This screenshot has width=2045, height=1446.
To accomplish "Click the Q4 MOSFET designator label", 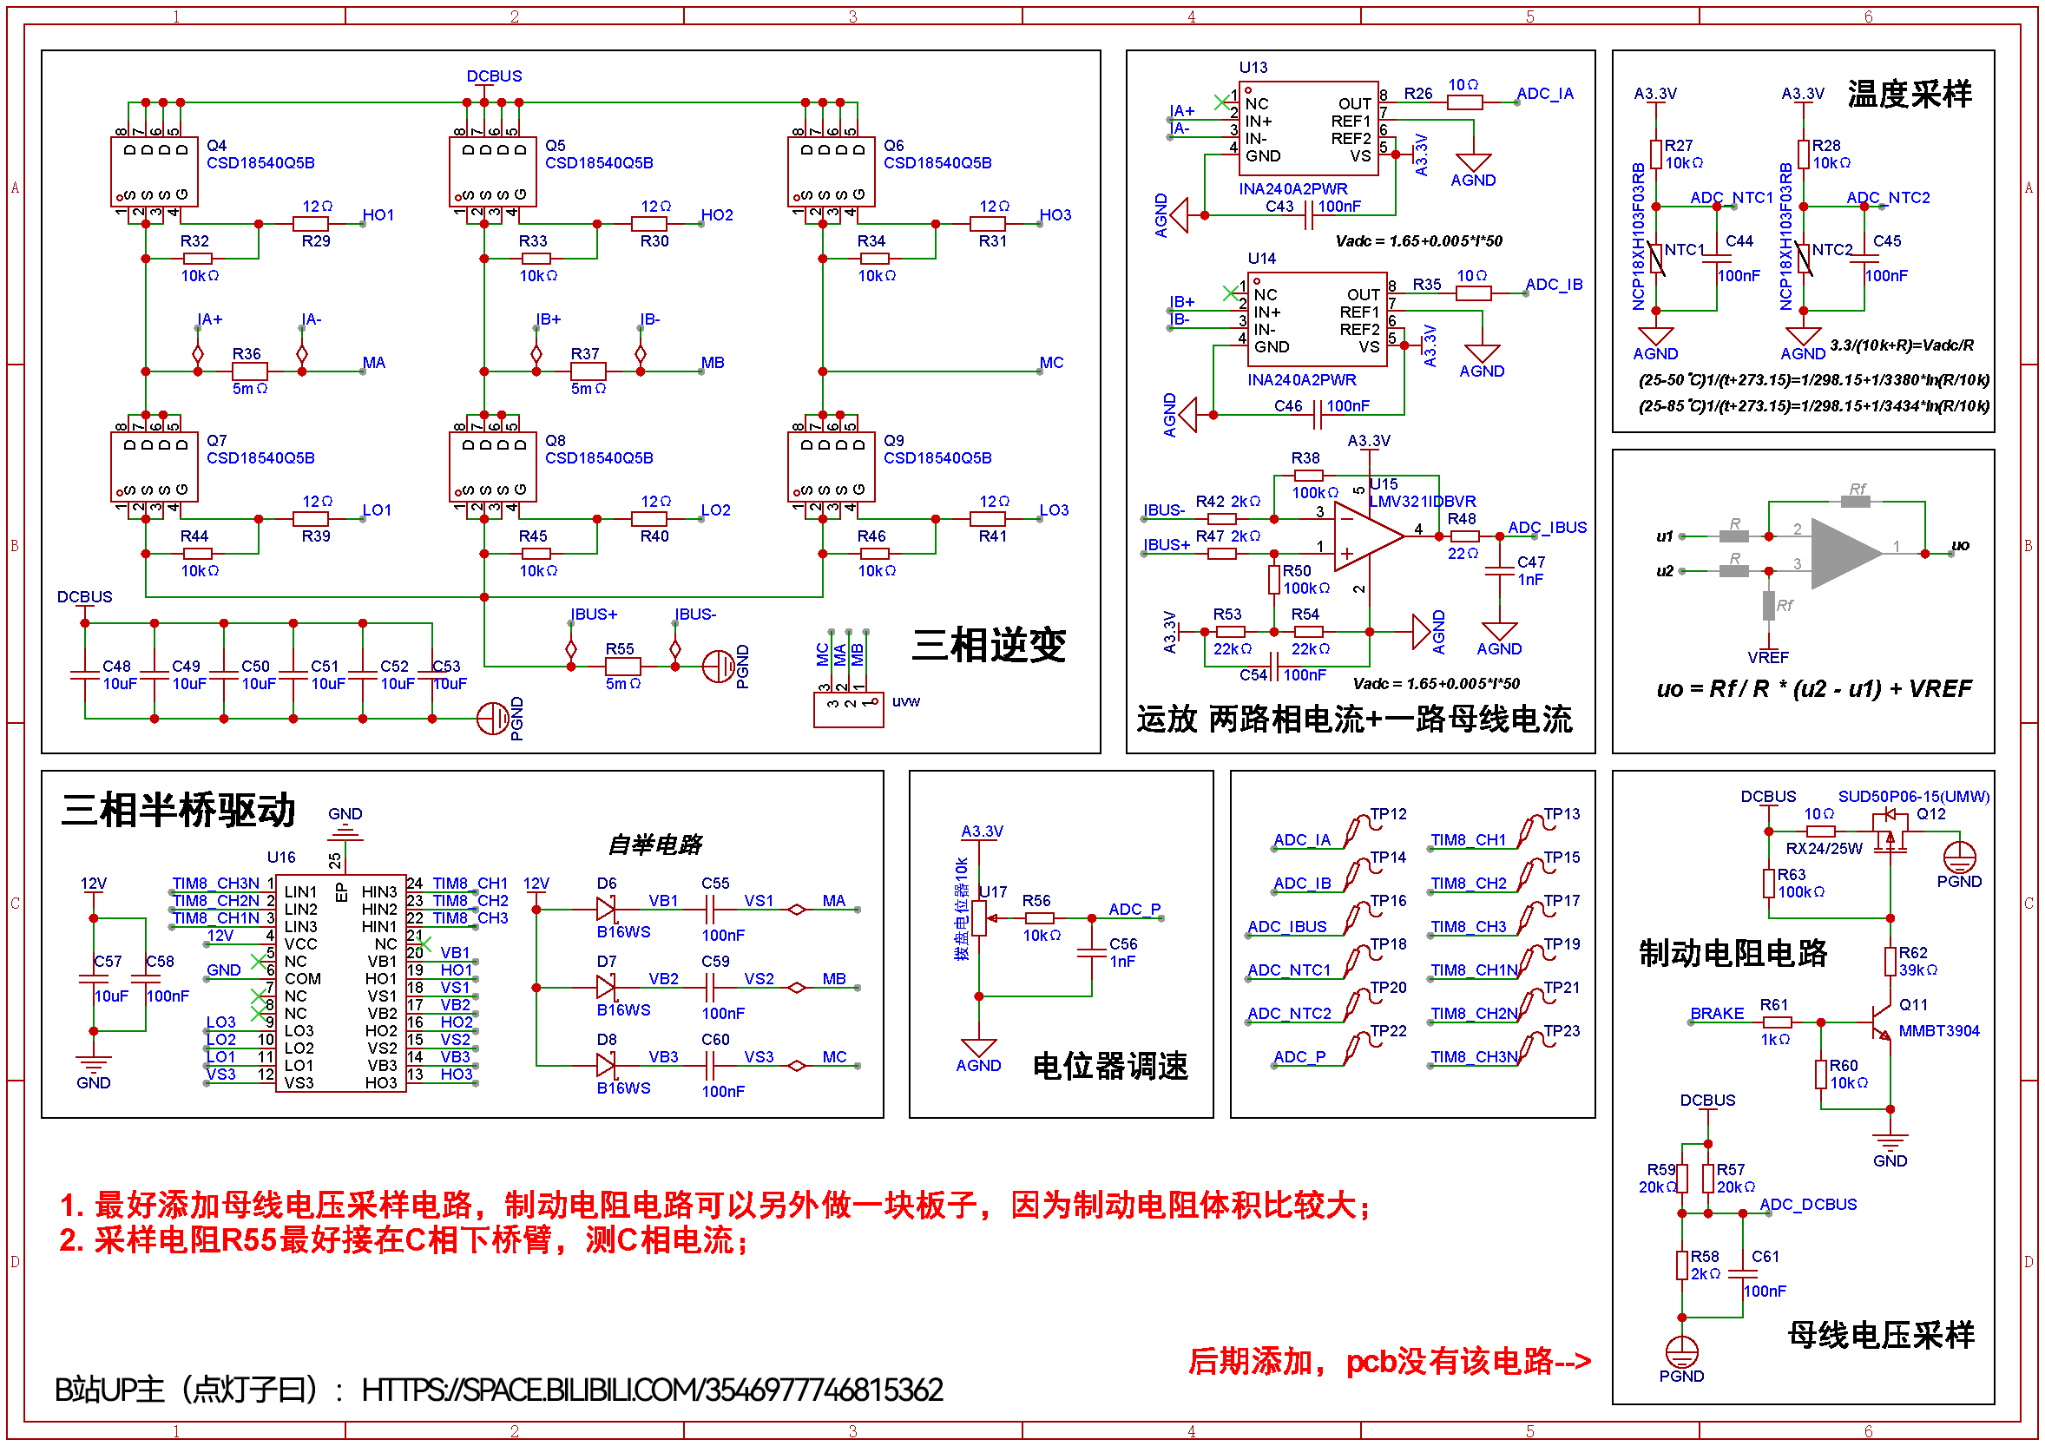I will pos(216,145).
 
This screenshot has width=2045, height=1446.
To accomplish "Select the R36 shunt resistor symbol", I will pos(249,371).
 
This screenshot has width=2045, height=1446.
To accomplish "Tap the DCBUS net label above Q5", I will pos(495,76).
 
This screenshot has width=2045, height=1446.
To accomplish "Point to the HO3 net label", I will pos(1055,214).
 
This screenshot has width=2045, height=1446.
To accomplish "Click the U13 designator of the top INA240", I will pos(1253,68).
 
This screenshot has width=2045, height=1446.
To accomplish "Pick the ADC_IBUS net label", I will pos(1546,527).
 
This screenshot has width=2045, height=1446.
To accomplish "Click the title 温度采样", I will pos(1909,95).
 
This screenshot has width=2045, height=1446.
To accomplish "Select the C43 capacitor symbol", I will pos(1308,214).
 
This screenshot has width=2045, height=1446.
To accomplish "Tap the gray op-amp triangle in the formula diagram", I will pos(1844,554).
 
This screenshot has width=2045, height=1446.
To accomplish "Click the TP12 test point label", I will pos(1388,814).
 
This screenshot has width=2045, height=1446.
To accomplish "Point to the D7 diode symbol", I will pos(606,988).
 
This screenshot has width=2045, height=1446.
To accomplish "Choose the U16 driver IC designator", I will pos(280,858).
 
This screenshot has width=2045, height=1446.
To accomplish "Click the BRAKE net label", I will pos(1716,1013).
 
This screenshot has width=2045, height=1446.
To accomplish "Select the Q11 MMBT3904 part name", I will pos(1938,1031).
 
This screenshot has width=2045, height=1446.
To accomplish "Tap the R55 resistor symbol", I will pos(622,666).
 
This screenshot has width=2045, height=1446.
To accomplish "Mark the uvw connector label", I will pos(906,701).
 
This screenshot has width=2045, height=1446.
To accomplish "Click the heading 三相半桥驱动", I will pos(178,811).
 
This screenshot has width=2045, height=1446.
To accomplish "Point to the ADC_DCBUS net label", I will pos(1808,1205).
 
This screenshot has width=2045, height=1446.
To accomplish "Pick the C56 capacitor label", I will pos(1122,943).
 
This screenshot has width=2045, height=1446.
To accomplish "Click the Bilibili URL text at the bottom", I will pos(652,1390).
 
